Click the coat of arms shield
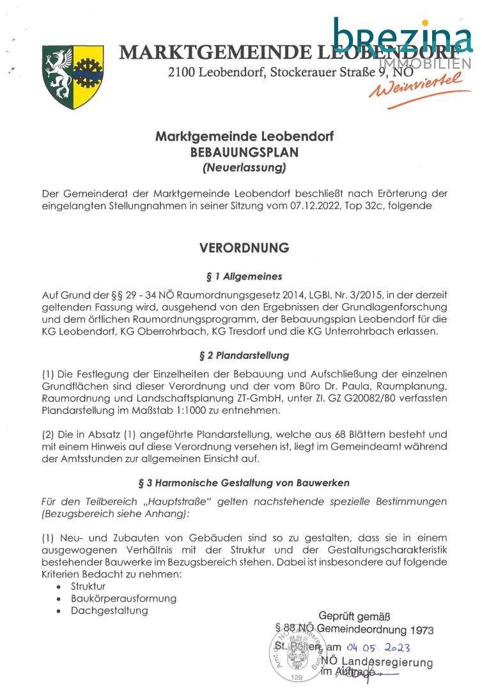(x=72, y=75)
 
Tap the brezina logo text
(x=402, y=35)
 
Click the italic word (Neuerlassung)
(x=244, y=169)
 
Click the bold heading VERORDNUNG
(x=244, y=248)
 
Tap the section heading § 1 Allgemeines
(x=244, y=277)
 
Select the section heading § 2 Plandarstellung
(x=244, y=355)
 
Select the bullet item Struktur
(x=88, y=586)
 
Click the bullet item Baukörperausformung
(x=123, y=598)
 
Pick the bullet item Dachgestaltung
(x=109, y=610)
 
